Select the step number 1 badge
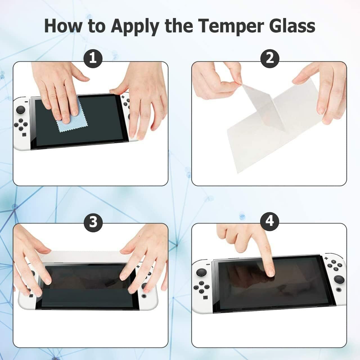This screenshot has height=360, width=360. point(93,58)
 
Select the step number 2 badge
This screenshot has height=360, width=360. point(269,58)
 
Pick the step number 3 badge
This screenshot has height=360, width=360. point(93,222)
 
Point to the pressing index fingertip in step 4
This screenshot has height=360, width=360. point(271,272)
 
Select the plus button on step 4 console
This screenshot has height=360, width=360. point(327,258)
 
